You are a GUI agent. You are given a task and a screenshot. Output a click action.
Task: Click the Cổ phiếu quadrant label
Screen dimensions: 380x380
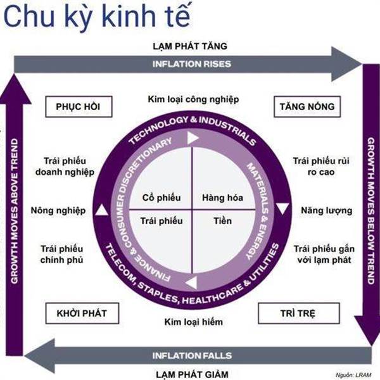click(x=161, y=198)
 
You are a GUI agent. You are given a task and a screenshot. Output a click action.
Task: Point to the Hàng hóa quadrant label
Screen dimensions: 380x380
click(x=222, y=198)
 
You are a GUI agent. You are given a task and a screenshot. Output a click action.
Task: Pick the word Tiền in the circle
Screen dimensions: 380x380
click(x=222, y=221)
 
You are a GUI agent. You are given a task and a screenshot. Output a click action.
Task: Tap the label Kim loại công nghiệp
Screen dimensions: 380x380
click(x=193, y=99)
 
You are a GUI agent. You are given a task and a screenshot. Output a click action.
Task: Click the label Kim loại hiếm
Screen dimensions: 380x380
click(x=193, y=322)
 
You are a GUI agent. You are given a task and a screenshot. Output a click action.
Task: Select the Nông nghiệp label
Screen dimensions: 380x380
click(x=58, y=211)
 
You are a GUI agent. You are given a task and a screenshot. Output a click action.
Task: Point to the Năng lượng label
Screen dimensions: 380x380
click(x=326, y=211)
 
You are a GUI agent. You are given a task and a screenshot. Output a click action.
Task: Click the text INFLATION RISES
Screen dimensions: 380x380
click(x=192, y=64)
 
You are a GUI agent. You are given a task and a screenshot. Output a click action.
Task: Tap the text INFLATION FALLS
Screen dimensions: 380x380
click(x=192, y=355)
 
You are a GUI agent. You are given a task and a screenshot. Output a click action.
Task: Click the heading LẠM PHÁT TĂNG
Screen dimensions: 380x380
click(x=190, y=46)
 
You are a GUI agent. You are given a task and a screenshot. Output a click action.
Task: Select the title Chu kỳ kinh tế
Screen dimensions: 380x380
click(x=97, y=16)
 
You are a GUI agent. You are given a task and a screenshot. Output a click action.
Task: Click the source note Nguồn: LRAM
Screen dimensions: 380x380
click(x=353, y=375)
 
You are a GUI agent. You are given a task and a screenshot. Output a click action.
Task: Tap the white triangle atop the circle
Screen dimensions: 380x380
click(x=193, y=138)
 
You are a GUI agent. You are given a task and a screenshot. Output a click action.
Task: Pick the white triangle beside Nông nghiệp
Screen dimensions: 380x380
click(x=102, y=210)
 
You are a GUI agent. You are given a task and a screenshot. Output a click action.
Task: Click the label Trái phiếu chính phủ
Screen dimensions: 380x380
click(x=62, y=254)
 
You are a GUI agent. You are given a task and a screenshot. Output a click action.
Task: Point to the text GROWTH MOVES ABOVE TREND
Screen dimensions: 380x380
click(x=15, y=211)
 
